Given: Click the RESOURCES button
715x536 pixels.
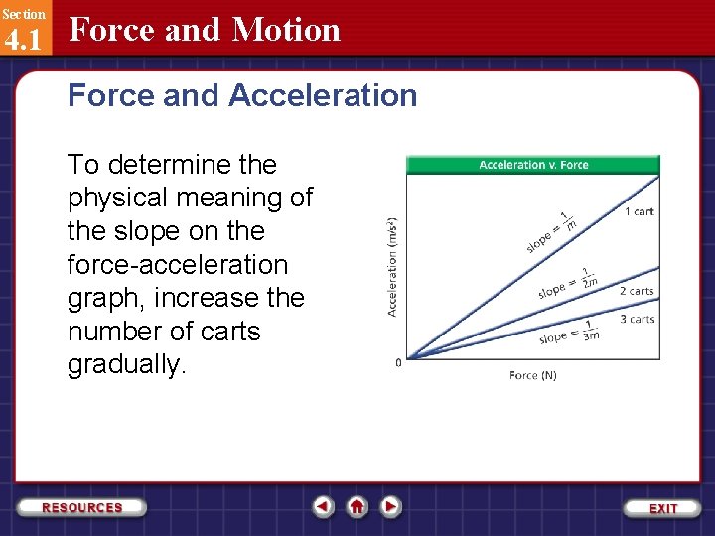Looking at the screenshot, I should pos(82,507).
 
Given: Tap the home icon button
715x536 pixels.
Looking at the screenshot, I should pos(357,506).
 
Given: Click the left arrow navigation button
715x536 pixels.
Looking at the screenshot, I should pos(324,506).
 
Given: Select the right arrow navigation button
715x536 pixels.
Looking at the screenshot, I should pos(391,506).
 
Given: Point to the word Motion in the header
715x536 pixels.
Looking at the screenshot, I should pos(286,31).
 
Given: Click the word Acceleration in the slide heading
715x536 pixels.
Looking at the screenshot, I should pos(323,96).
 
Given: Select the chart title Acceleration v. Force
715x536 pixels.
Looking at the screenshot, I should pos(533,165).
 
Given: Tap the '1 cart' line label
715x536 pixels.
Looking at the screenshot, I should pos(639,211).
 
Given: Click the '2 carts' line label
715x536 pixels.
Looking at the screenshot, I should pos(637,291).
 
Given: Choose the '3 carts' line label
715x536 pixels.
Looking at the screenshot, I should pos(637,319).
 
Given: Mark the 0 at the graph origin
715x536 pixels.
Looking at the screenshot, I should pos(399,362).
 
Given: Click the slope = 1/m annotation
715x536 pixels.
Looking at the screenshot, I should pos(552,231).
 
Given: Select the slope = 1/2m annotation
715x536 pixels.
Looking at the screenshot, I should pos(565,285).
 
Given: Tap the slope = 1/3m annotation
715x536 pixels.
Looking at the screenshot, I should pos(569,335).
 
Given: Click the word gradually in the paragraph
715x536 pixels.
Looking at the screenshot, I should pos(125,365).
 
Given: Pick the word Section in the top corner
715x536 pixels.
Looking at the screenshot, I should pos(23,14).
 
